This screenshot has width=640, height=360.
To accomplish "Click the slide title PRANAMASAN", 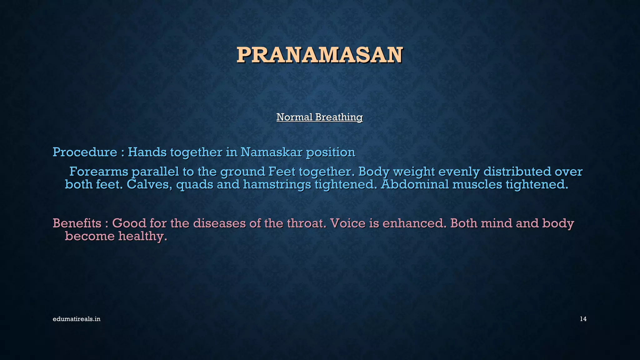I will pos(319,55).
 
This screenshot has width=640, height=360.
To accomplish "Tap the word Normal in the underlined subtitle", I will pos(294,117).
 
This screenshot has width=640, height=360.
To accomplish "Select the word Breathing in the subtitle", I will pos(339,117).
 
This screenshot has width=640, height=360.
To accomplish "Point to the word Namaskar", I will pos(271,152).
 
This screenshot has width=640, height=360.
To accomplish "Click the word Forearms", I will pos(98,172).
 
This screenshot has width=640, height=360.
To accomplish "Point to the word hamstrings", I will pos(277,185).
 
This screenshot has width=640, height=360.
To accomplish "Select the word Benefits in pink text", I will pos(77,223).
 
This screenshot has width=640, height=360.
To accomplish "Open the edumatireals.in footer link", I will pos(77,319).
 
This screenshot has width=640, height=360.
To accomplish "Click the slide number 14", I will pos(583,319).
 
